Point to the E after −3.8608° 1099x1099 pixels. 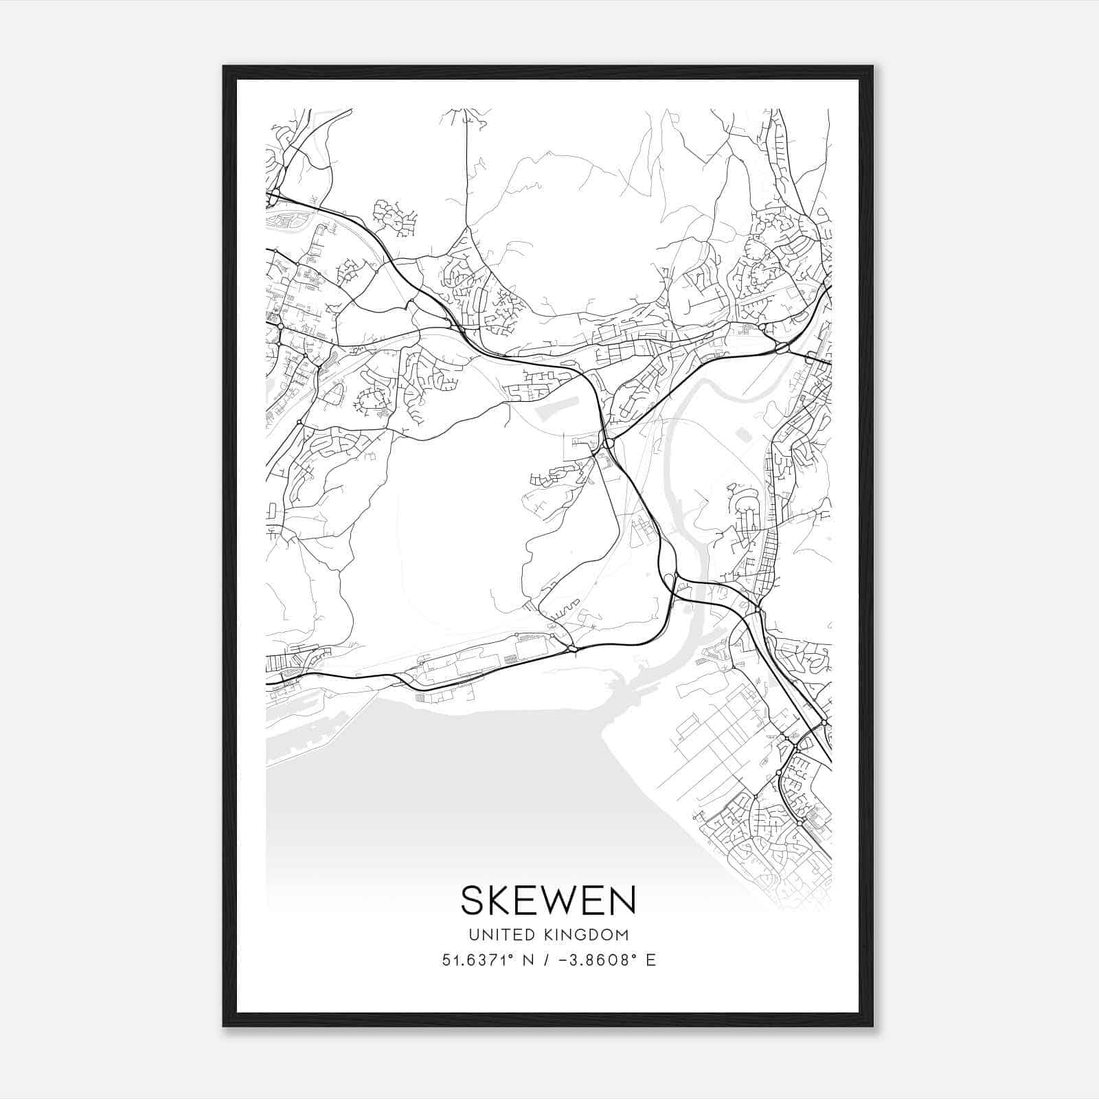click(x=650, y=960)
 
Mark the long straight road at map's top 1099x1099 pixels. click(x=466, y=172)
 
